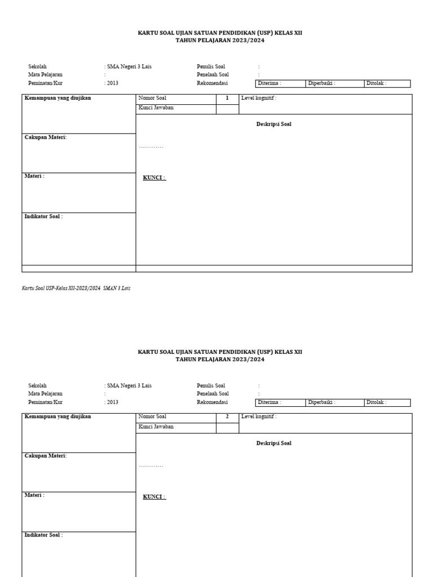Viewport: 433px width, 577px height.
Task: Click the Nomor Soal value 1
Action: pos(227,98)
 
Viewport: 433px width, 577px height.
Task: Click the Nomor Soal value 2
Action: pos(227,417)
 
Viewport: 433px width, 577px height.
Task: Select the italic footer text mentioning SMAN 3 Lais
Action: pos(76,288)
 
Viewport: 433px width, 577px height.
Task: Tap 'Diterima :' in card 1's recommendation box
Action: pos(269,83)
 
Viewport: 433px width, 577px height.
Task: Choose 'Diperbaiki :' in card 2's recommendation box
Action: pos(322,402)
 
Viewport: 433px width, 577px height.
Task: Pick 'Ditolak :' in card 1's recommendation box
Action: pos(377,83)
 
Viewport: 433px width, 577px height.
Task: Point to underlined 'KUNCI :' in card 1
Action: pos(154,178)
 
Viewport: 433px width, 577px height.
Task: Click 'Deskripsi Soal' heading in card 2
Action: pos(273,443)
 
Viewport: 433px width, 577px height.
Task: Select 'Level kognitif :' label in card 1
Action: pos(259,98)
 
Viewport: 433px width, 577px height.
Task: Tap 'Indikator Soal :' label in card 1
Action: pos(43,216)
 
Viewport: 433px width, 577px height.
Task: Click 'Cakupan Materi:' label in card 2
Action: pos(46,456)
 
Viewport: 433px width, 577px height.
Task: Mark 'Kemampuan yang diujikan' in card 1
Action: pos(58,98)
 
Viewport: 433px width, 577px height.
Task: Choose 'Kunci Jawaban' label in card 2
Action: pos(156,427)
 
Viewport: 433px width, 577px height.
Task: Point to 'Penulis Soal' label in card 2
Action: pos(211,386)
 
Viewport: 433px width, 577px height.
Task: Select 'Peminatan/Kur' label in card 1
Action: pos(45,83)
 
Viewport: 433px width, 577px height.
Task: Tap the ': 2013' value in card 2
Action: pos(112,402)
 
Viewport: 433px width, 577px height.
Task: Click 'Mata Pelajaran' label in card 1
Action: pos(45,74)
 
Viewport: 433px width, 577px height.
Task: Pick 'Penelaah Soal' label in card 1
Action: pos(213,74)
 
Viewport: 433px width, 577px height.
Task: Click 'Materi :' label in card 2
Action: pos(34,495)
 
